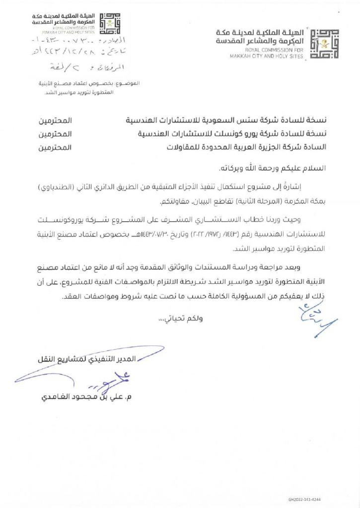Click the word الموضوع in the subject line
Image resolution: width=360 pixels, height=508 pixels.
129,83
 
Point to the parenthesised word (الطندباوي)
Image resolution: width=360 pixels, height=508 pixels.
308,190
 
